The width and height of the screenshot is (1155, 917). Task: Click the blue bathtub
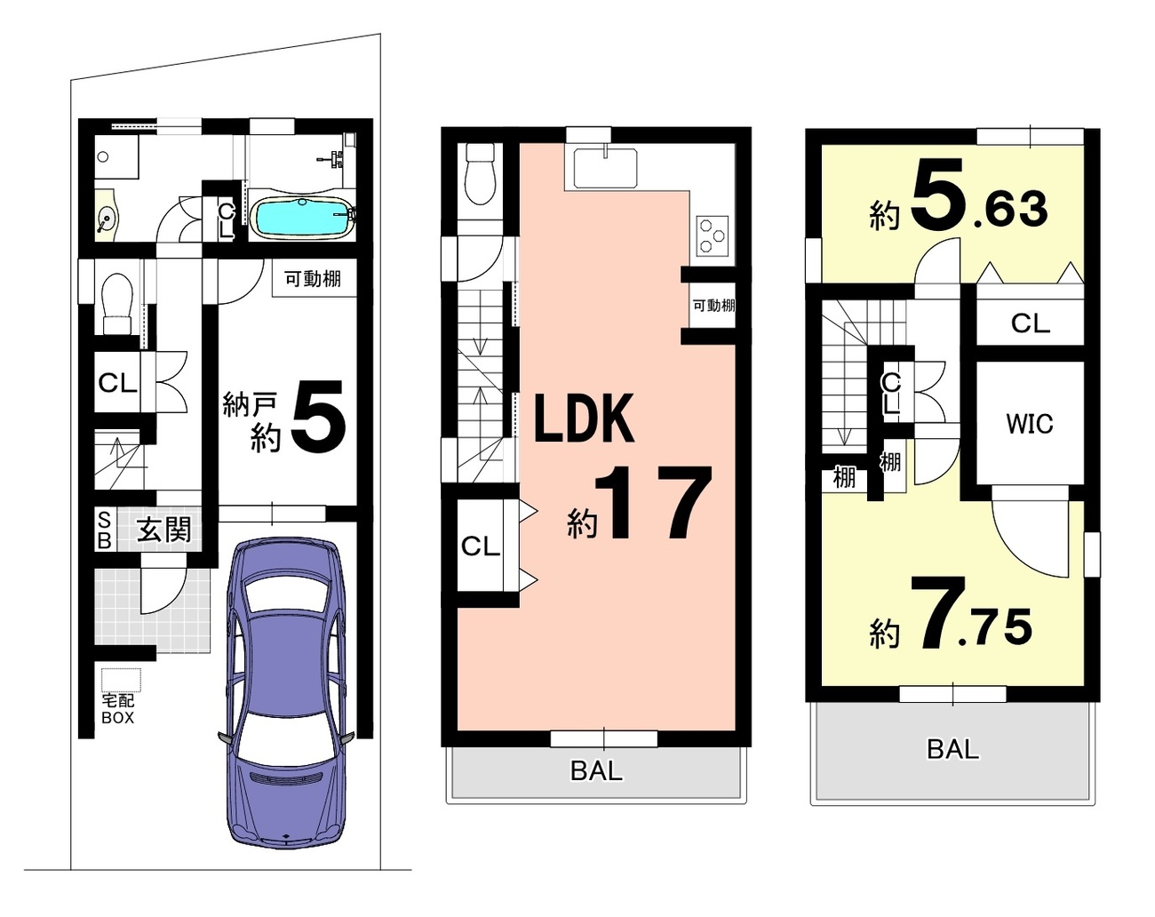tap(301, 217)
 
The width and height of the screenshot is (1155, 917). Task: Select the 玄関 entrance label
tap(163, 530)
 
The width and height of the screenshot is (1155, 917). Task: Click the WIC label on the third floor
tap(1030, 424)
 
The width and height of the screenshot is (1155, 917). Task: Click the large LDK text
tap(585, 418)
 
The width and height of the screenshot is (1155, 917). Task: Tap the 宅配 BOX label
tap(118, 709)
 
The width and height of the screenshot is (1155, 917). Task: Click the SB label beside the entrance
tap(105, 530)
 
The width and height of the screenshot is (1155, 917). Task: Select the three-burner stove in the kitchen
tap(713, 235)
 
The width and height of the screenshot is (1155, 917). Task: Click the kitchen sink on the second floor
tap(605, 168)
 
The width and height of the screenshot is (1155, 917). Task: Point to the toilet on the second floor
tap(480, 173)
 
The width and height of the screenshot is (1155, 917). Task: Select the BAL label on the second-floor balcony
tap(597, 771)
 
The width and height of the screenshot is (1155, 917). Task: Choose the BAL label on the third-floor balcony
tap(952, 749)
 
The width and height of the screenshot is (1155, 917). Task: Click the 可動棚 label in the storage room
tap(313, 279)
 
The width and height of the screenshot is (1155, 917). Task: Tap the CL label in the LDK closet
tap(481, 546)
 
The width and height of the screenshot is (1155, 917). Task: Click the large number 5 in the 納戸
tap(319, 417)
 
